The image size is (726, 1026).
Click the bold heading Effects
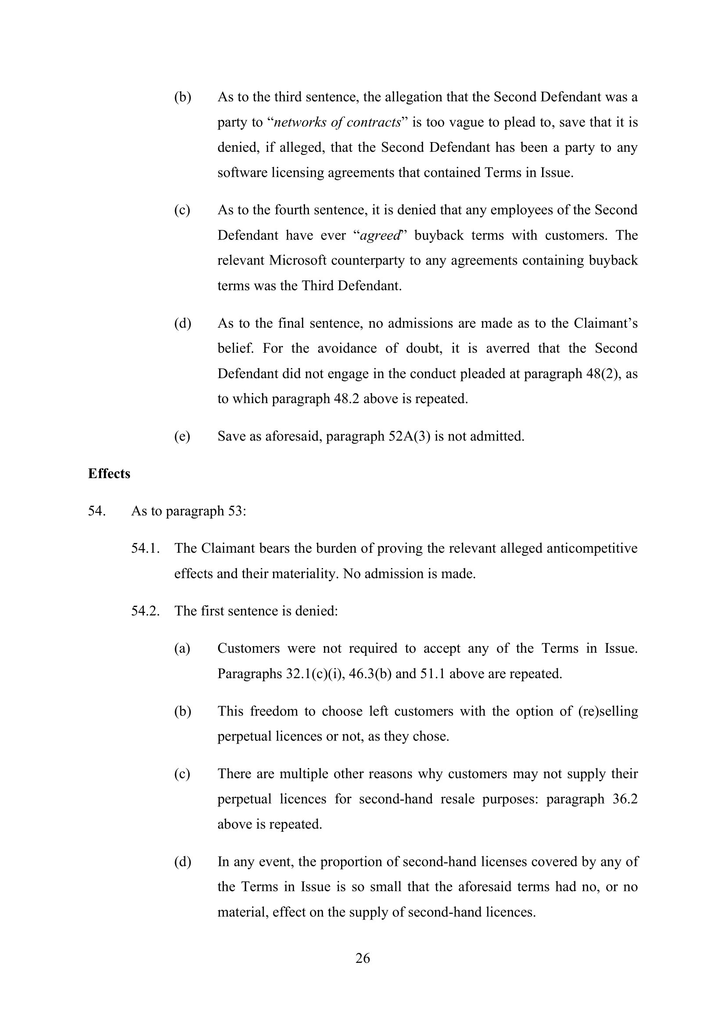(109, 474)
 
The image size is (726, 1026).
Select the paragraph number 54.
(97, 511)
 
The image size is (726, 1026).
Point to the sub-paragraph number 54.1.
(145, 548)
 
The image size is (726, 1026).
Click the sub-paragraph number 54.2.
(145, 611)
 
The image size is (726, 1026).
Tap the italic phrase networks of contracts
(337, 122)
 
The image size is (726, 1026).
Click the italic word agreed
(380, 236)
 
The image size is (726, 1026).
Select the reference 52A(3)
(408, 436)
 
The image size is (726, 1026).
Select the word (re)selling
(608, 711)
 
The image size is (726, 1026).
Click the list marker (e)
(182, 436)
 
